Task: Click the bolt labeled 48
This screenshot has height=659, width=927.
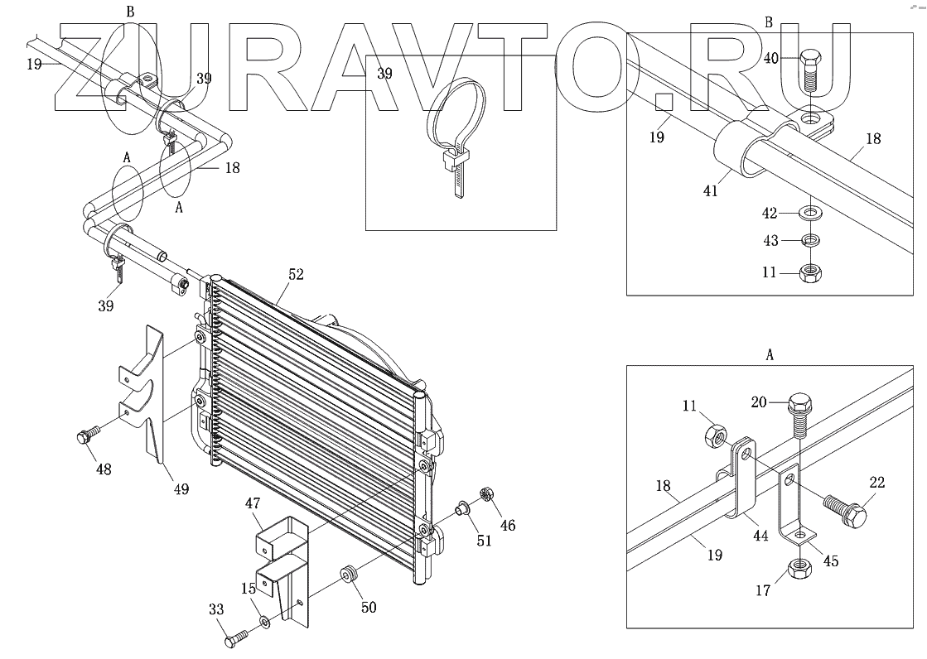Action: point(85,435)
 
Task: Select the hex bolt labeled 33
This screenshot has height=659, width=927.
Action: point(236,638)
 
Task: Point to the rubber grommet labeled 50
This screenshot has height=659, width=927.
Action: point(349,575)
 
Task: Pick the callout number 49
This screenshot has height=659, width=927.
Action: point(181,489)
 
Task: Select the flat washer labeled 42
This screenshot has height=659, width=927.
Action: point(811,214)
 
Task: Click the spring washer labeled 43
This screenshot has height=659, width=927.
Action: point(811,242)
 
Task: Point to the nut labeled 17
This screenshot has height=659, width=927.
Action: point(799,567)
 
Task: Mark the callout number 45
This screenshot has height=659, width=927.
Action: point(830,560)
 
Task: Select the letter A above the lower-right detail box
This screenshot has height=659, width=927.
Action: point(770,354)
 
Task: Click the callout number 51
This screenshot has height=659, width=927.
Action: point(483,541)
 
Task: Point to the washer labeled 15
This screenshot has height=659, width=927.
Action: point(263,622)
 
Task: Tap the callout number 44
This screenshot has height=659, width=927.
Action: point(760,536)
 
